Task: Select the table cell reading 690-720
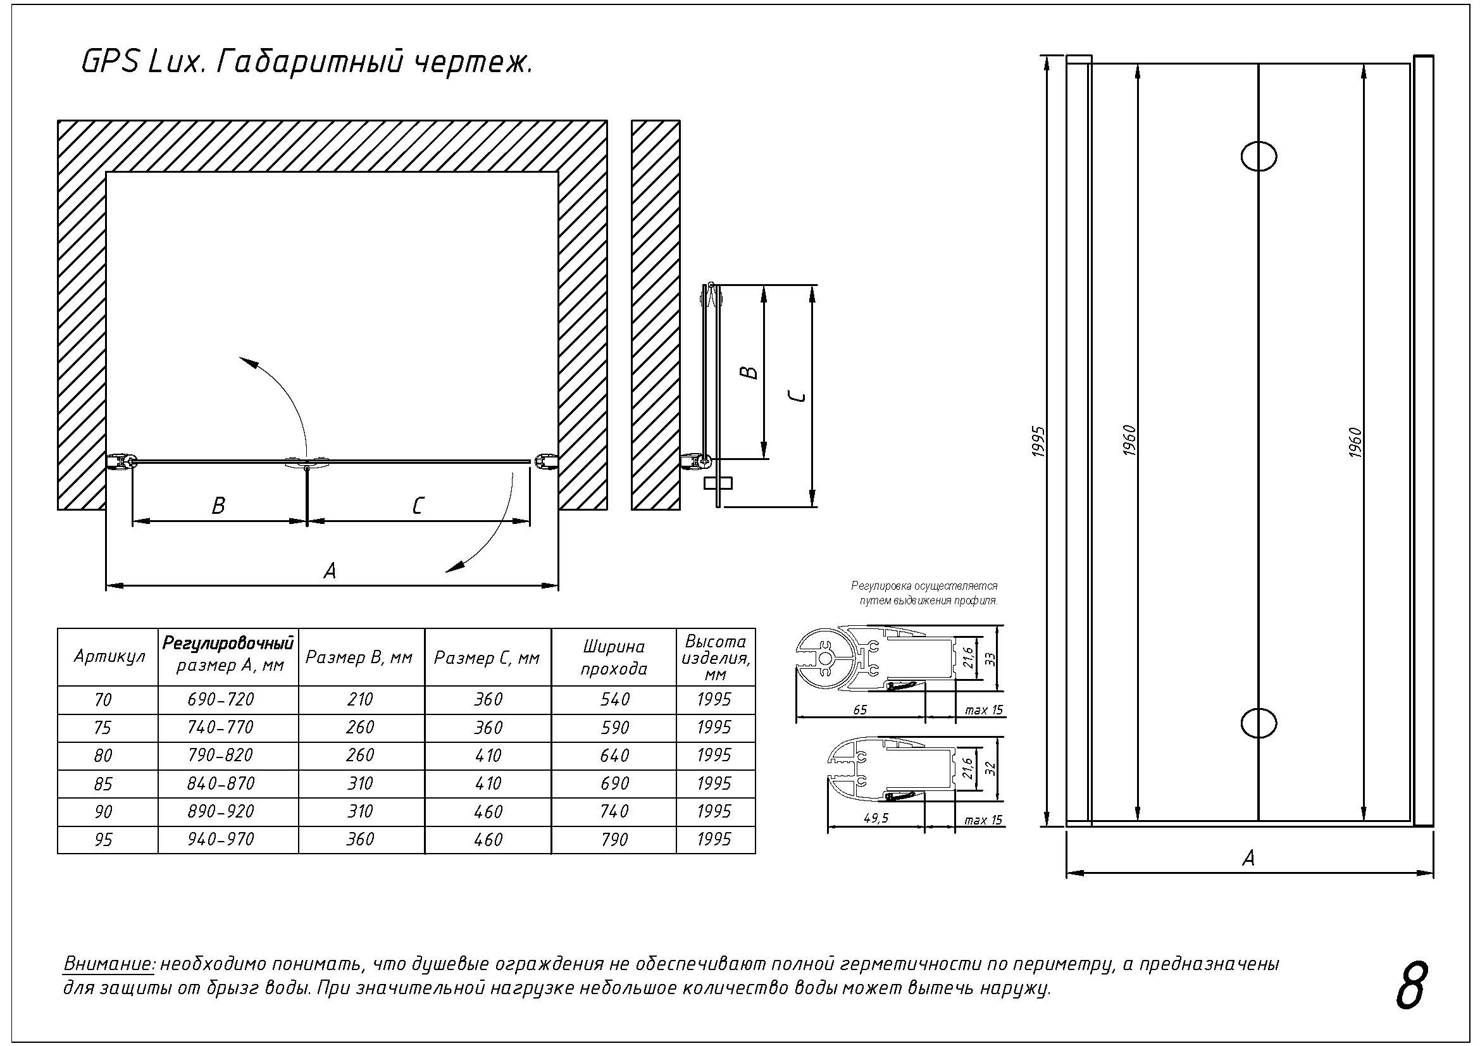click(221, 699)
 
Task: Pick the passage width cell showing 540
click(614, 699)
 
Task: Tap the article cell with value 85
click(103, 783)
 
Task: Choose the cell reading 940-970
click(221, 839)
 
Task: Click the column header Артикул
click(109, 657)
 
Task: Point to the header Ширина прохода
click(614, 657)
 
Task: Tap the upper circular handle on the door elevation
click(1259, 156)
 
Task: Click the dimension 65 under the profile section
click(860, 710)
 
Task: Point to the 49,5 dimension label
click(875, 818)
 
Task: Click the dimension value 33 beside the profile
click(991, 659)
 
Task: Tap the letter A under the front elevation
click(1248, 858)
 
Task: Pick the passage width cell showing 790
click(614, 839)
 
